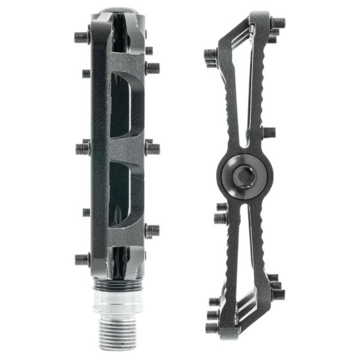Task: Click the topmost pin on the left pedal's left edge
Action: pos(82,37)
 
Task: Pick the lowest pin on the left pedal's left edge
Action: pos(82,259)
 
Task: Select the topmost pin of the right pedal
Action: pos(277,23)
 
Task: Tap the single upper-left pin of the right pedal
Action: pos(211,56)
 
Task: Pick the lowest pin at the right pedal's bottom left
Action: pos(212,328)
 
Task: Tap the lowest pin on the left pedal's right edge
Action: pos(152,230)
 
